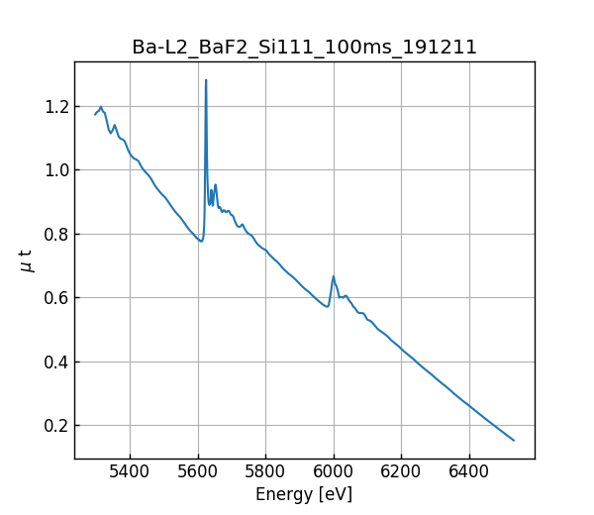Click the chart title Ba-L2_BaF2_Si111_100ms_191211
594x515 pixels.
304,48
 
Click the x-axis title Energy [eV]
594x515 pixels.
304,494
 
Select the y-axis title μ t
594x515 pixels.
27,260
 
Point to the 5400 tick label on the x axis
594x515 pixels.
130,470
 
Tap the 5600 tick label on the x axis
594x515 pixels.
198,470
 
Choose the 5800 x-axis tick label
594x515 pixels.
265,470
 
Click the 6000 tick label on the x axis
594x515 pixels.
334,470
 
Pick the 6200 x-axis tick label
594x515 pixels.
401,470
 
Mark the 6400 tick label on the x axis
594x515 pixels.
469,470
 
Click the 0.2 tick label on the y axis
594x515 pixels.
53,426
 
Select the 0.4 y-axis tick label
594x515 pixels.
53,361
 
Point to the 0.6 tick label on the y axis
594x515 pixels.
53,298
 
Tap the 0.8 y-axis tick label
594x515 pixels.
53,235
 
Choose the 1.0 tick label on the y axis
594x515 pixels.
53,170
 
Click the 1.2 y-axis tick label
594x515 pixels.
53,107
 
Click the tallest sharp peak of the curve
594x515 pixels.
206,80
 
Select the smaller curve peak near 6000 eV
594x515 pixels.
334,276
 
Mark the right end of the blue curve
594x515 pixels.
514,440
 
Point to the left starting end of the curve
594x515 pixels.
95,114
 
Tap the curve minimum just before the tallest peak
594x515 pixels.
201,241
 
